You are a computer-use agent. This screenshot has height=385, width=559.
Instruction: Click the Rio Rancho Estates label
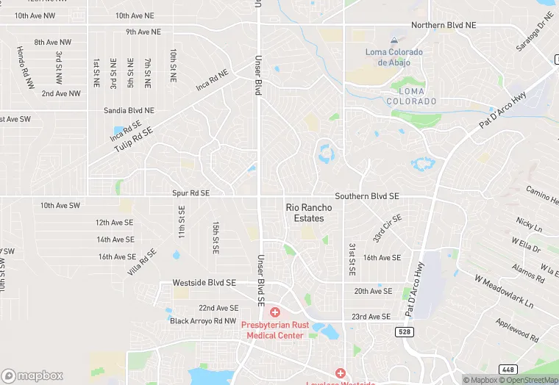pyautogui.click(x=309, y=213)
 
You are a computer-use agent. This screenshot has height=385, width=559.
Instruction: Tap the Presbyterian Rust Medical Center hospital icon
pyautogui.click(x=274, y=313)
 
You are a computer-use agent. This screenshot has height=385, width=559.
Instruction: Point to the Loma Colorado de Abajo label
pyautogui.click(x=394, y=57)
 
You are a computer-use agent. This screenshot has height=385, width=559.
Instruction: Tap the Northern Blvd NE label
pyautogui.click(x=444, y=25)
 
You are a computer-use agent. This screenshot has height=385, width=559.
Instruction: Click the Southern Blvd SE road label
pyautogui.click(x=367, y=197)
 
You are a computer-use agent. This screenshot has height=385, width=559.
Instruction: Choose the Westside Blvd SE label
pyautogui.click(x=204, y=282)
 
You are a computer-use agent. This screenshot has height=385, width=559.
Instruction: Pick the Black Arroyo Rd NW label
pyautogui.click(x=203, y=321)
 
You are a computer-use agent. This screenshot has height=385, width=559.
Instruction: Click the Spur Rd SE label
pyautogui.click(x=191, y=193)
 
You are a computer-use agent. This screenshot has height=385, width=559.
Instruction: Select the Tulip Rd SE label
pyautogui.click(x=133, y=140)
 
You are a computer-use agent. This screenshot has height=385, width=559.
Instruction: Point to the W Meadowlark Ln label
pyautogui.click(x=504, y=292)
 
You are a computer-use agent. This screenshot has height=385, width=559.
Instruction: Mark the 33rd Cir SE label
pyautogui.click(x=387, y=228)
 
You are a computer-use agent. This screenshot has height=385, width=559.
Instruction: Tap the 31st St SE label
pyautogui.click(x=352, y=259)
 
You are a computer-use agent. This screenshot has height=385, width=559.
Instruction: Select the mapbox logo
pyautogui.click(x=32, y=375)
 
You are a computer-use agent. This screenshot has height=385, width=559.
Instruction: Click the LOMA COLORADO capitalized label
pyautogui.click(x=412, y=101)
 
